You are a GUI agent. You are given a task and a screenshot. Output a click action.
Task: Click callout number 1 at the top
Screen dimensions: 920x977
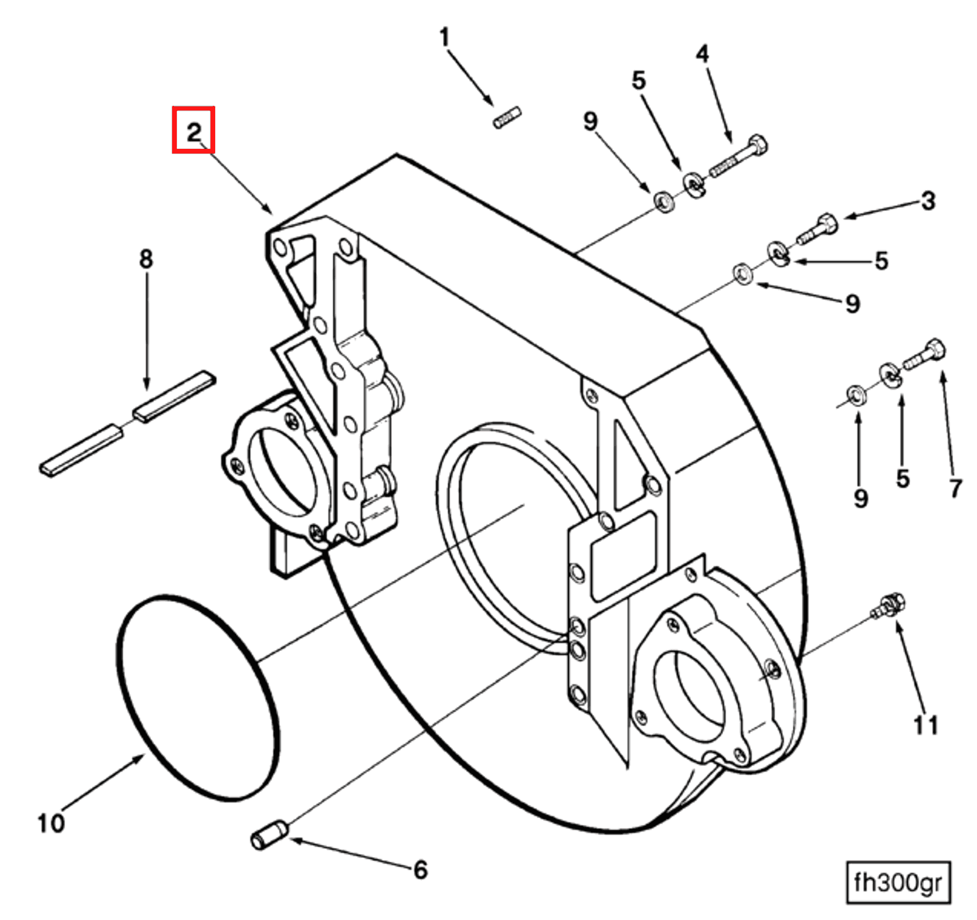coord(444,38)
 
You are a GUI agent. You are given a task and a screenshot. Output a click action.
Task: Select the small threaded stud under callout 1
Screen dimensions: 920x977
coord(507,118)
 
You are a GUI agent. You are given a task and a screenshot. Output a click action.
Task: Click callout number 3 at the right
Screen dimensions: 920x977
coord(928,201)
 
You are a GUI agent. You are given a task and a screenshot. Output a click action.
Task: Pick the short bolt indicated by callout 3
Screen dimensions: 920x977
coord(817,229)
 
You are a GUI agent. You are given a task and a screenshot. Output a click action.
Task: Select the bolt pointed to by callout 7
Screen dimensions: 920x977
coord(924,355)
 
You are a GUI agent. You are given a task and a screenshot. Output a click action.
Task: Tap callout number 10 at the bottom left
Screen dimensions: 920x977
coord(51,823)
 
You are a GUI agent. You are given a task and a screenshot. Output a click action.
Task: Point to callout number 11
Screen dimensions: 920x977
coord(925,725)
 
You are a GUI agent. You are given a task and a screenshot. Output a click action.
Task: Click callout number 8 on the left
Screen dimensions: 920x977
coord(146,259)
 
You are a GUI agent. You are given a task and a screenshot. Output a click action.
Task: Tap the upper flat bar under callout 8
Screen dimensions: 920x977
coord(174,396)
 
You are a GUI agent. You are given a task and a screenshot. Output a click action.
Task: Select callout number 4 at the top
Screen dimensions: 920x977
coord(703,54)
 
